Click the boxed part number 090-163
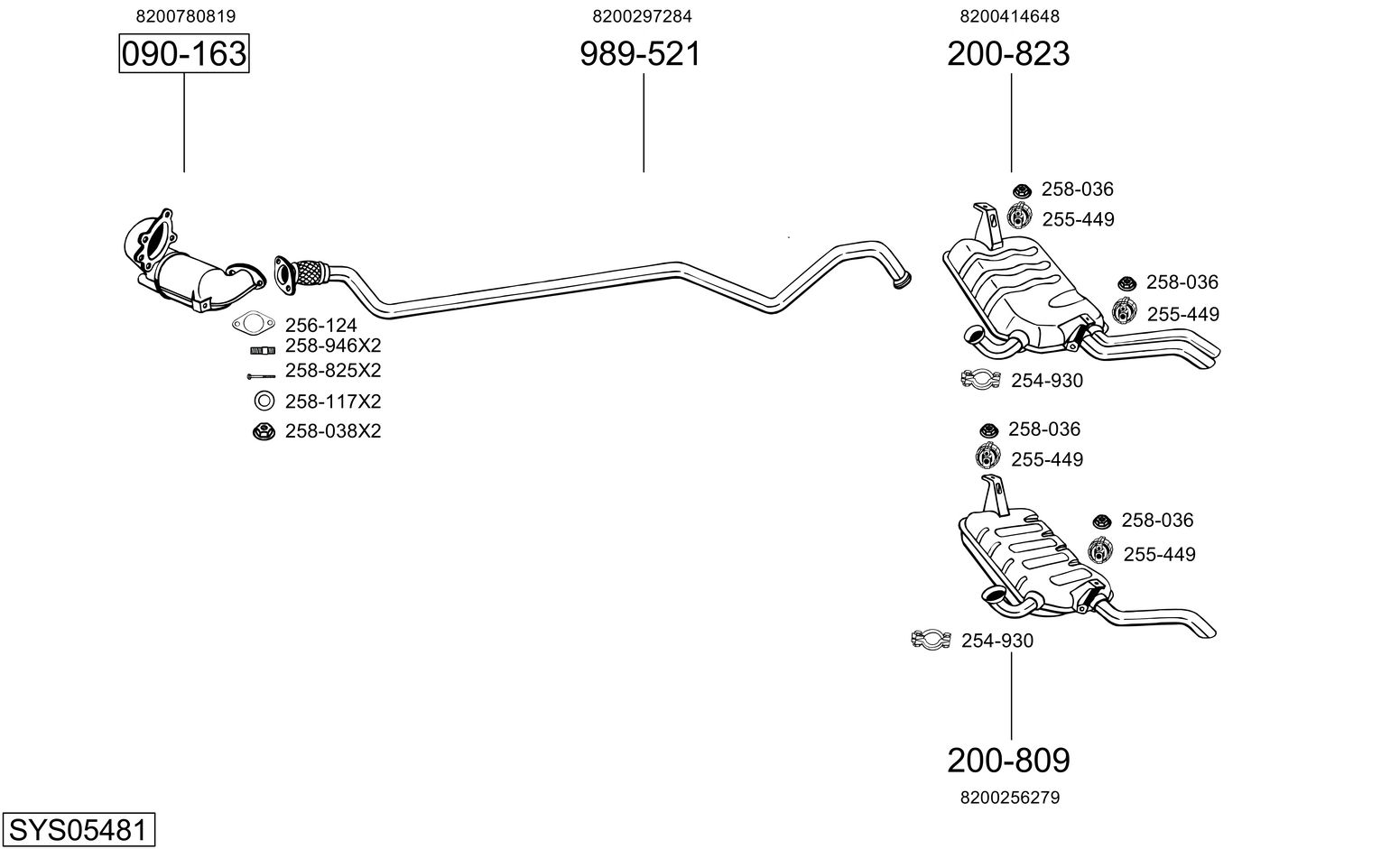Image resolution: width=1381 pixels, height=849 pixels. pyautogui.click(x=184, y=54)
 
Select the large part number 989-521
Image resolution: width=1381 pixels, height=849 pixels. pyautogui.click(x=640, y=54)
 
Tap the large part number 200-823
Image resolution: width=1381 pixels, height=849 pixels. pyautogui.click(x=1008, y=54)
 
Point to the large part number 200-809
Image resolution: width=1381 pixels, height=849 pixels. pyautogui.click(x=1008, y=761)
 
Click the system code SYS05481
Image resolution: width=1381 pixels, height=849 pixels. pyautogui.click(x=78, y=829)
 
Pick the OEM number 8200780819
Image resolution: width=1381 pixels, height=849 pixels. pyautogui.click(x=186, y=16)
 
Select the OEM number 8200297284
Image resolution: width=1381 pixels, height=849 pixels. pyautogui.click(x=642, y=16)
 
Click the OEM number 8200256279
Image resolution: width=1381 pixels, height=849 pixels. pyautogui.click(x=1010, y=798)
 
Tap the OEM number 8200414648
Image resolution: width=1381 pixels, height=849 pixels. pyautogui.click(x=1010, y=16)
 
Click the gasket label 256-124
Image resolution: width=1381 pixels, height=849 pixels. pyautogui.click(x=321, y=326)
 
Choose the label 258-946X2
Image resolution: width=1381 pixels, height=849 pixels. pyautogui.click(x=333, y=346)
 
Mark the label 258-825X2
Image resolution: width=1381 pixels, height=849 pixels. pyautogui.click(x=333, y=370)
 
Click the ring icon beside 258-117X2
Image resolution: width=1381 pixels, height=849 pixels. pyautogui.click(x=264, y=401)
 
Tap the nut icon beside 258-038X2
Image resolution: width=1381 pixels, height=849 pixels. pyautogui.click(x=264, y=431)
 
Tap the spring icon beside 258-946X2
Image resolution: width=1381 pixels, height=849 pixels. pyautogui.click(x=263, y=350)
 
